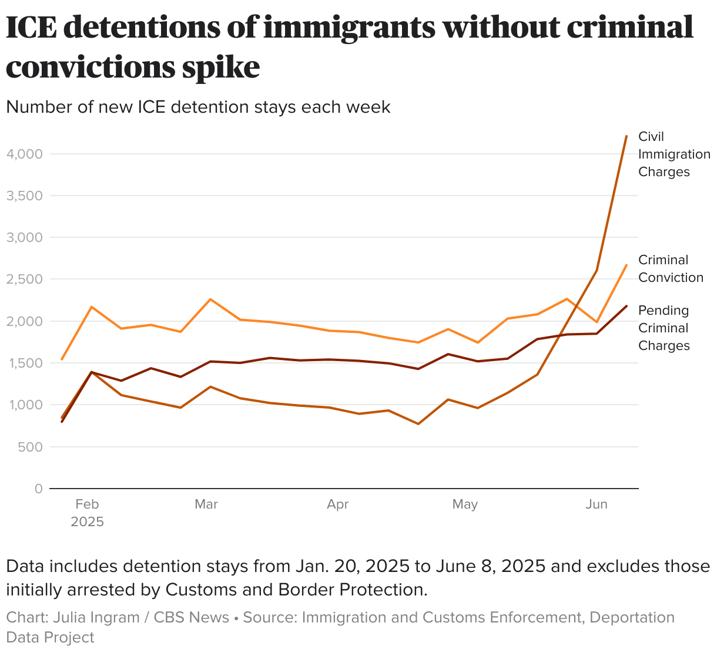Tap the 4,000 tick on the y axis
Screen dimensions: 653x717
(24, 154)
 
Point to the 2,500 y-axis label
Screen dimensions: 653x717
(24, 279)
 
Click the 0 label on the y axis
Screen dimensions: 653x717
(39, 489)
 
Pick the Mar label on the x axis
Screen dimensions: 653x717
(206, 504)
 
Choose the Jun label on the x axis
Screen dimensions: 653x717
(597, 504)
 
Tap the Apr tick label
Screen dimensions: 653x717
(338, 504)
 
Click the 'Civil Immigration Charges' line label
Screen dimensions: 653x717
(674, 154)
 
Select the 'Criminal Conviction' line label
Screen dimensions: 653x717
(671, 268)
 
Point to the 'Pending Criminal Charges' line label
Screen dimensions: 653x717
(664, 328)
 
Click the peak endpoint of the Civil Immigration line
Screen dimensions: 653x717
(626, 136)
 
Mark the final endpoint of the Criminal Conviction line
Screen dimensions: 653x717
(626, 265)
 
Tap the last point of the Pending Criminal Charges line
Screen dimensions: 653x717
(626, 306)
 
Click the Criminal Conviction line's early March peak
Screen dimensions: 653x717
(210, 299)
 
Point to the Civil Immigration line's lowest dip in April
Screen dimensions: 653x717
(418, 424)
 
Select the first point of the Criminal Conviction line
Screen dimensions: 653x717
(62, 359)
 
